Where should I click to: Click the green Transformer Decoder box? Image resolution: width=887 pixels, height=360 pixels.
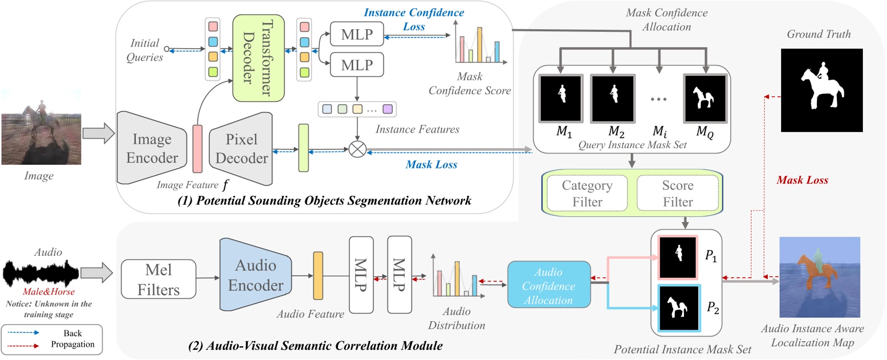coord(258,57)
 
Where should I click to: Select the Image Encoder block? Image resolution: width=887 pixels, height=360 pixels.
coord(151,148)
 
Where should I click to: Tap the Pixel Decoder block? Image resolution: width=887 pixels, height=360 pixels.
coord(241,148)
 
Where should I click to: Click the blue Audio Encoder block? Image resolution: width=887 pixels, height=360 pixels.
coord(255,275)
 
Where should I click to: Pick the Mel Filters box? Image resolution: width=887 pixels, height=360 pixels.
coord(158,279)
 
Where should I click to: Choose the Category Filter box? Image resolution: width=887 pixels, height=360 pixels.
coord(587,193)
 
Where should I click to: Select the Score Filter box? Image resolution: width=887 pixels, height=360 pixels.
coord(678,193)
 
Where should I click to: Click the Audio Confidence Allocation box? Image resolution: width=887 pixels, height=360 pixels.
coord(549,285)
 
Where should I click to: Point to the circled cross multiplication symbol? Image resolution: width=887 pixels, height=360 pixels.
coord(357,149)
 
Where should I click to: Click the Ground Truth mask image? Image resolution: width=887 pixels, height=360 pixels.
coord(822,90)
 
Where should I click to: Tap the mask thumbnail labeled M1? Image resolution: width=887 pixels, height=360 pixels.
coord(561,98)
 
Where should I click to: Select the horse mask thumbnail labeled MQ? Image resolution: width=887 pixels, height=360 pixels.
coord(705,98)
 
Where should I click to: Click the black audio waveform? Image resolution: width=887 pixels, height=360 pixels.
coord(41,273)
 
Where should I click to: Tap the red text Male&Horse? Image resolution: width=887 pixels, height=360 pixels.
coord(49,291)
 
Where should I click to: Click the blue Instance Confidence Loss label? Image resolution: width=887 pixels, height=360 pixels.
coord(414,19)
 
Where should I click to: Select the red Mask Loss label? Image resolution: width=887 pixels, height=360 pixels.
coord(802,180)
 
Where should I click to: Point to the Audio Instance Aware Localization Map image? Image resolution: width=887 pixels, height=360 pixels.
coord(820,277)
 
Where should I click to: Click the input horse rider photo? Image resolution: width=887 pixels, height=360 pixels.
coord(41,127)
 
